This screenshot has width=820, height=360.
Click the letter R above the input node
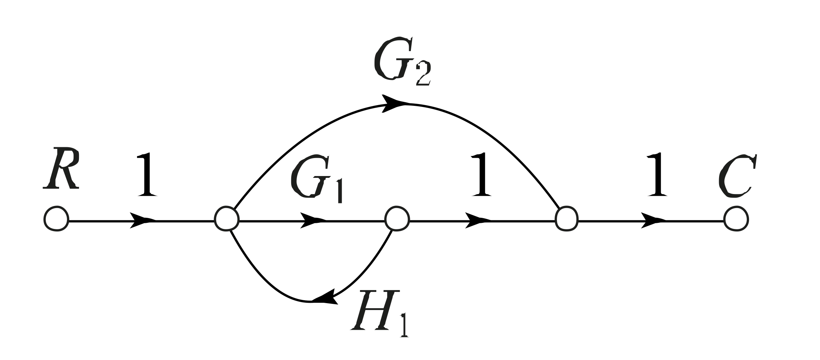[61, 168]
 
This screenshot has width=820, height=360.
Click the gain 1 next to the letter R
[147, 175]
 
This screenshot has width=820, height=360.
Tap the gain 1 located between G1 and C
[482, 175]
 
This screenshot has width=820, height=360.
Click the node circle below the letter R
[56, 219]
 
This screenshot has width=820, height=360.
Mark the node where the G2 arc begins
[227, 219]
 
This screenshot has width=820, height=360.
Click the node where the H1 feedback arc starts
[397, 219]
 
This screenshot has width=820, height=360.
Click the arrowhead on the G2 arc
[395, 103]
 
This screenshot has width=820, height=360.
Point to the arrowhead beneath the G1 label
[312, 220]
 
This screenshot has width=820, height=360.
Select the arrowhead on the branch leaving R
[142, 220]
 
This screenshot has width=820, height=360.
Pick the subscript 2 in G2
[423, 75]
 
